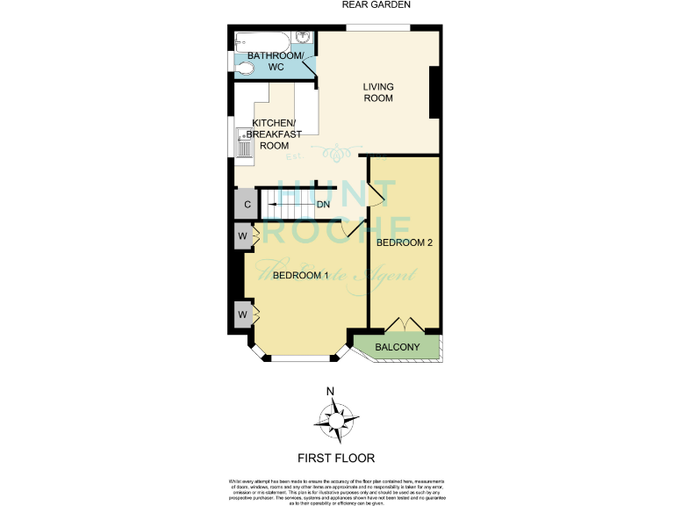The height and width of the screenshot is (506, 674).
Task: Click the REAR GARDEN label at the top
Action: (x=376, y=5)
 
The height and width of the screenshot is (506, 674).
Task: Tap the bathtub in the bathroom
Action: (x=263, y=40)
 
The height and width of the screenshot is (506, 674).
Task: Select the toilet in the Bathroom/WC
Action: (x=245, y=65)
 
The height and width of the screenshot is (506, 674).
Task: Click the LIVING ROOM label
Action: (x=379, y=92)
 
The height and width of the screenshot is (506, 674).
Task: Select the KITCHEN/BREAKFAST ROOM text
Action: (x=276, y=134)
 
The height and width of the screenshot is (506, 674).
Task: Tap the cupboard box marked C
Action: (x=247, y=206)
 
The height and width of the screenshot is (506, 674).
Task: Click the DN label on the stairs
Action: (x=323, y=206)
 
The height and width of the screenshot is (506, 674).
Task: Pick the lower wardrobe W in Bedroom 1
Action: (x=241, y=314)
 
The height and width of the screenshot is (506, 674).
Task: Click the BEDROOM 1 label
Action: (x=300, y=276)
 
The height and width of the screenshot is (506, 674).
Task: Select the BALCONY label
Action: (x=397, y=348)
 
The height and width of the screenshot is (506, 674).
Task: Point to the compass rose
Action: (x=336, y=420)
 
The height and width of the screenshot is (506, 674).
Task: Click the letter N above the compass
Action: (x=330, y=392)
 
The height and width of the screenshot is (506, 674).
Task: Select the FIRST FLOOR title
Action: (x=336, y=458)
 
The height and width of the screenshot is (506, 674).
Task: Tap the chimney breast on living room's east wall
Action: (x=434, y=92)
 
